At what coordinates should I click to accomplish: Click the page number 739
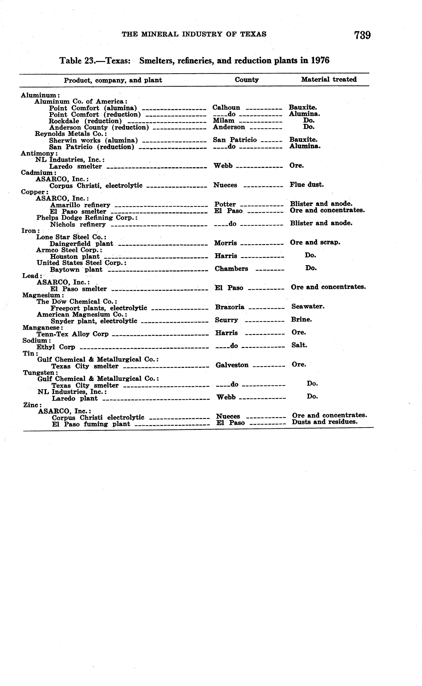tap(362, 35)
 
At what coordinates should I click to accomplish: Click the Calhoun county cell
tap(226, 108)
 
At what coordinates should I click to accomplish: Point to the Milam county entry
tap(224, 120)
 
